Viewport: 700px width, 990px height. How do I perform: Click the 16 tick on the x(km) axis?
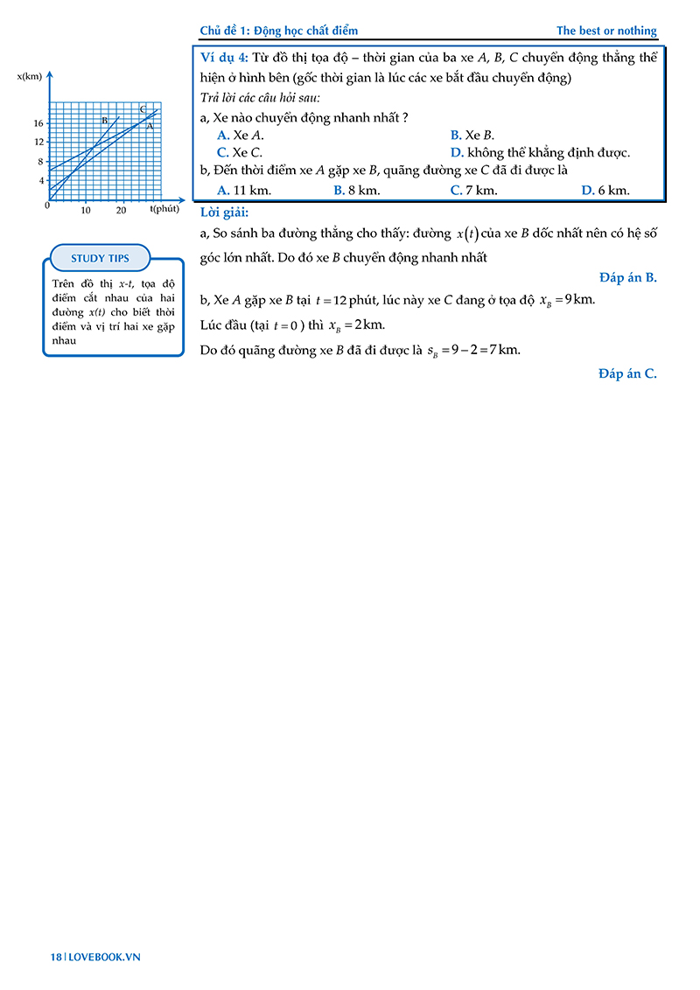(x=39, y=123)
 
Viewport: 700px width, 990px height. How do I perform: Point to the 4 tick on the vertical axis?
(x=41, y=180)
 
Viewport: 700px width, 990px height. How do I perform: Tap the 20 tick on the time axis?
(x=121, y=211)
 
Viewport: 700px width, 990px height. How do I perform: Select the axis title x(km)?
(x=30, y=76)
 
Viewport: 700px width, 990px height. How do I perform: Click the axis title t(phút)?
(x=164, y=208)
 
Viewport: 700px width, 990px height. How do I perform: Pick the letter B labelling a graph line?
(x=104, y=121)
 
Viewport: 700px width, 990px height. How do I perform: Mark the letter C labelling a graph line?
(x=142, y=109)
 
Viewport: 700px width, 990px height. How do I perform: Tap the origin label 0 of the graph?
(x=46, y=206)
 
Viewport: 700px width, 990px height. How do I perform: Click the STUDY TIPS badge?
(x=100, y=258)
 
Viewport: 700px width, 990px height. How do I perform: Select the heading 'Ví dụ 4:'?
(x=225, y=57)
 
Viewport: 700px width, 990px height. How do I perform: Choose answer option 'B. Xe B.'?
(x=472, y=135)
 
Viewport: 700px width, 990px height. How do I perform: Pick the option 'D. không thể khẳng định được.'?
(x=540, y=152)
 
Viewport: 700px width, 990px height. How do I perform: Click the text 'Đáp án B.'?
(x=627, y=278)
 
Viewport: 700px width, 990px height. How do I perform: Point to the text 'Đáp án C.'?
(x=627, y=373)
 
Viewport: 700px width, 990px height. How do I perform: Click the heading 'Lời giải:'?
(x=225, y=213)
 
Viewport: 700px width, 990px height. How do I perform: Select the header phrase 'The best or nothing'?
(x=606, y=31)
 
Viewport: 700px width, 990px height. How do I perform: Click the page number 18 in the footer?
(x=55, y=957)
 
